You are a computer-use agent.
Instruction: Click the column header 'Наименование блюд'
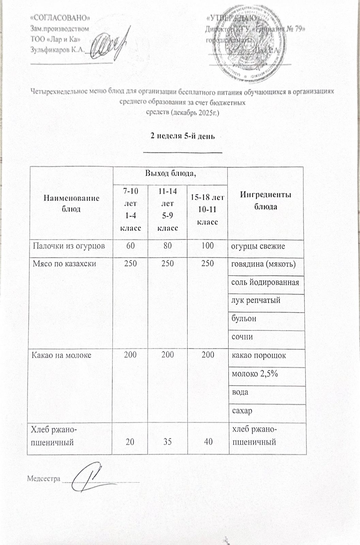click(x=71, y=203)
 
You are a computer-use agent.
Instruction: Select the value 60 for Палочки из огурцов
click(x=130, y=246)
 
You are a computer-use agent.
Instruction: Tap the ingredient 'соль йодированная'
click(x=265, y=282)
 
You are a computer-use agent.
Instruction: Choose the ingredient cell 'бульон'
click(x=244, y=318)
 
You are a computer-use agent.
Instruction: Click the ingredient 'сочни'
click(x=242, y=337)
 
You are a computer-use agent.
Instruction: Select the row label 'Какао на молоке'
click(x=61, y=355)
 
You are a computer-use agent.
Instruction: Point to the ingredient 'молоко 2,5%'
click(x=254, y=374)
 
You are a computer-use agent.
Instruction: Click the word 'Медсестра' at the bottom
click(x=43, y=479)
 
